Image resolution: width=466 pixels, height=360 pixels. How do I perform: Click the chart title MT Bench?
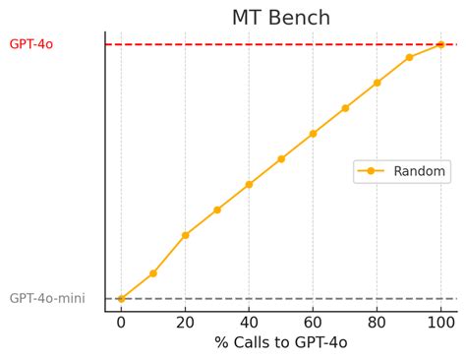pyautogui.click(x=281, y=18)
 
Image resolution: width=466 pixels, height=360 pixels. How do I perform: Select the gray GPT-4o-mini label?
pyautogui.click(x=48, y=298)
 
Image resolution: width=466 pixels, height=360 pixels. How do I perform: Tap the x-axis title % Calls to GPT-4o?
pyautogui.click(x=281, y=343)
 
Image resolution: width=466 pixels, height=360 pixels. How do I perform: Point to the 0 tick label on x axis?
pyautogui.click(x=121, y=322)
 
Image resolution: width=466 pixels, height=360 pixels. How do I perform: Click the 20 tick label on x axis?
pyautogui.click(x=185, y=322)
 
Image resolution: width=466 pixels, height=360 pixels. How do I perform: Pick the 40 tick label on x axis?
pyautogui.click(x=249, y=322)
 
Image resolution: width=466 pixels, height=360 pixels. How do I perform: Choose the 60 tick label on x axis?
pyautogui.click(x=313, y=322)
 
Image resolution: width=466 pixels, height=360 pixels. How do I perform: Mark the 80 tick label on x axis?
pyautogui.click(x=377, y=322)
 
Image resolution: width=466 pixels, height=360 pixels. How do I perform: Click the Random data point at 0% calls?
pyautogui.click(x=121, y=298)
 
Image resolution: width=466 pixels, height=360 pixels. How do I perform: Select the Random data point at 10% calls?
pyautogui.click(x=153, y=272)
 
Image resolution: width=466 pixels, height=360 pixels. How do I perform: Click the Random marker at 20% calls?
pyautogui.click(x=185, y=235)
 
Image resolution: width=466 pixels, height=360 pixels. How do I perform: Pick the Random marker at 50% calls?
pyautogui.click(x=281, y=158)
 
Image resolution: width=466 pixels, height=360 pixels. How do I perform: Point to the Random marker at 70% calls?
pyautogui.click(x=345, y=108)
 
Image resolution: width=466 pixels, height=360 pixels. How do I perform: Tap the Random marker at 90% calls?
pyautogui.click(x=409, y=57)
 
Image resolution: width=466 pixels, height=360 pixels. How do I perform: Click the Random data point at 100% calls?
pyautogui.click(x=440, y=44)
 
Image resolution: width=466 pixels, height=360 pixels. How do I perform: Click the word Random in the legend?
pyautogui.click(x=420, y=171)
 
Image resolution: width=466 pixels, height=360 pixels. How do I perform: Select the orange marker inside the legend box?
pyautogui.click(x=371, y=171)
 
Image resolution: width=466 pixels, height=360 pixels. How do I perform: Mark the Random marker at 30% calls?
pyautogui.click(x=217, y=210)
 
